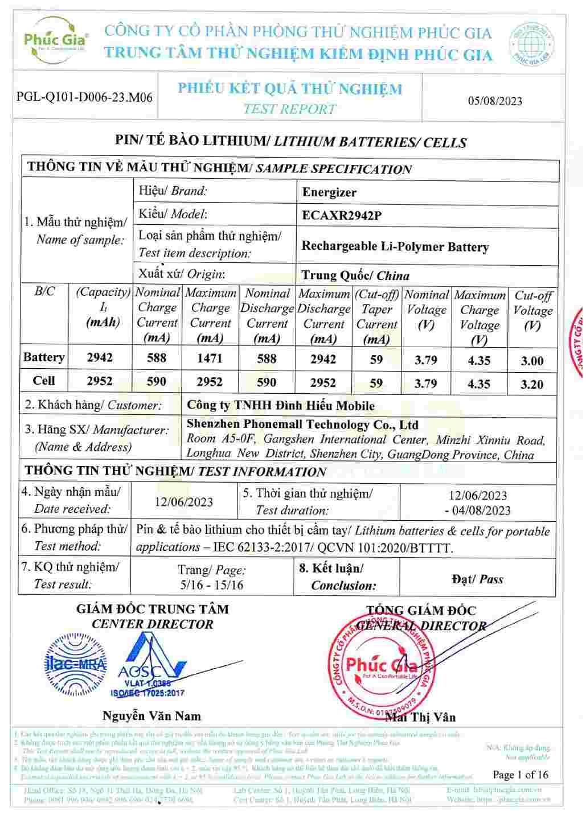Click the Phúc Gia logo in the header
point(55,40)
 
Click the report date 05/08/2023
point(494,101)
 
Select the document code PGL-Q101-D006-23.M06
point(84,97)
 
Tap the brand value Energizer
point(329,192)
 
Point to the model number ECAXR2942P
point(342,216)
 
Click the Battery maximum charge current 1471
point(210,359)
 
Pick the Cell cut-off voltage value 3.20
point(532,384)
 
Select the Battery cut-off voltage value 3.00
point(532,361)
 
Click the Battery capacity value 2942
point(100,358)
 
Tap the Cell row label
point(44,381)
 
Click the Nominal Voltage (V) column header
point(426,310)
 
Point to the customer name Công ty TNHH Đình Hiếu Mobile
point(280,406)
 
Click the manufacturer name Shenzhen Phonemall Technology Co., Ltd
point(302,425)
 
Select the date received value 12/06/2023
point(183,502)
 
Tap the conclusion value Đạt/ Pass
point(477,579)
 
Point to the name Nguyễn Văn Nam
point(151,716)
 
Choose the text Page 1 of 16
point(520,775)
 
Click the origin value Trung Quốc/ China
point(355,275)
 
